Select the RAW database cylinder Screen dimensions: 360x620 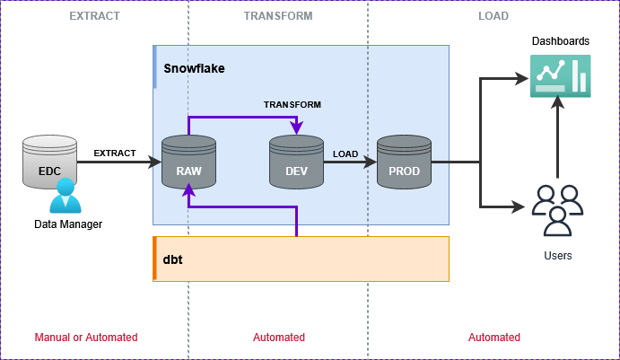[x=188, y=162]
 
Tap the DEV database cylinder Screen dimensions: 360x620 [x=296, y=162]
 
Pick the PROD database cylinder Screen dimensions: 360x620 [x=404, y=162]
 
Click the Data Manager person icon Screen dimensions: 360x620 [x=65, y=197]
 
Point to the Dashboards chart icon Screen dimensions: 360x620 [x=559, y=75]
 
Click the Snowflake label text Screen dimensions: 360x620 [x=194, y=68]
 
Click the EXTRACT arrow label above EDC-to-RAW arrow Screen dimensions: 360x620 [x=114, y=153]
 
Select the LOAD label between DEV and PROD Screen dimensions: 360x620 [x=345, y=154]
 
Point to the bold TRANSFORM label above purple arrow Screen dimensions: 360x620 [x=292, y=104]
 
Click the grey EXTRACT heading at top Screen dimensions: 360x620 [x=94, y=16]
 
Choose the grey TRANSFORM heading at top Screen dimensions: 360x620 [x=278, y=16]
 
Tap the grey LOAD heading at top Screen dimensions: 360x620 [x=493, y=16]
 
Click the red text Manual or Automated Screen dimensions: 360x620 [x=86, y=338]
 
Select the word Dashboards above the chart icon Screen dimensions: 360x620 [x=560, y=41]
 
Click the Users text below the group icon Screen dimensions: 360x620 [x=557, y=256]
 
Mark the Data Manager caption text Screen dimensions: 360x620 [x=68, y=224]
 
